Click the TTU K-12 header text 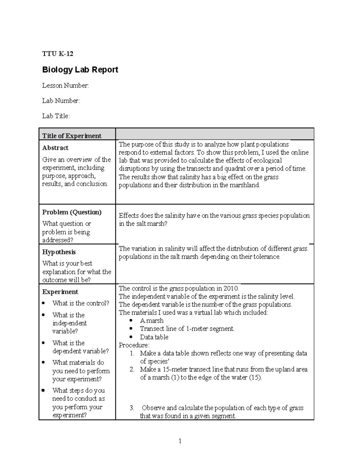pyautogui.click(x=58, y=54)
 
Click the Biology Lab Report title pyautogui.click(x=80, y=70)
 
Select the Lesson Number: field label pyautogui.click(x=65, y=86)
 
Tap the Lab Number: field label pyautogui.click(x=61, y=101)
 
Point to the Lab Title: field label pyautogui.click(x=56, y=116)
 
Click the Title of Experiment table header pyautogui.click(x=72, y=136)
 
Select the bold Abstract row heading pyautogui.click(x=55, y=148)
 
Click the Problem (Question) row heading pyautogui.click(x=72, y=212)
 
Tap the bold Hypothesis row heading pyautogui.click(x=59, y=252)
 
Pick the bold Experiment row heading pyautogui.click(x=60, y=292)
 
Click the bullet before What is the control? pyautogui.click(x=44, y=303)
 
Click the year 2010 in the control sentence pyautogui.click(x=231, y=288)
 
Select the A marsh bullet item pyautogui.click(x=151, y=320)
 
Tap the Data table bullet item pyautogui.click(x=154, y=337)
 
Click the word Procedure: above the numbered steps pyautogui.click(x=134, y=345)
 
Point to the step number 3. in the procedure pyautogui.click(x=132, y=408)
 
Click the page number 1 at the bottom pyautogui.click(x=180, y=441)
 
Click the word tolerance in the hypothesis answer pyautogui.click(x=266, y=257)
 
